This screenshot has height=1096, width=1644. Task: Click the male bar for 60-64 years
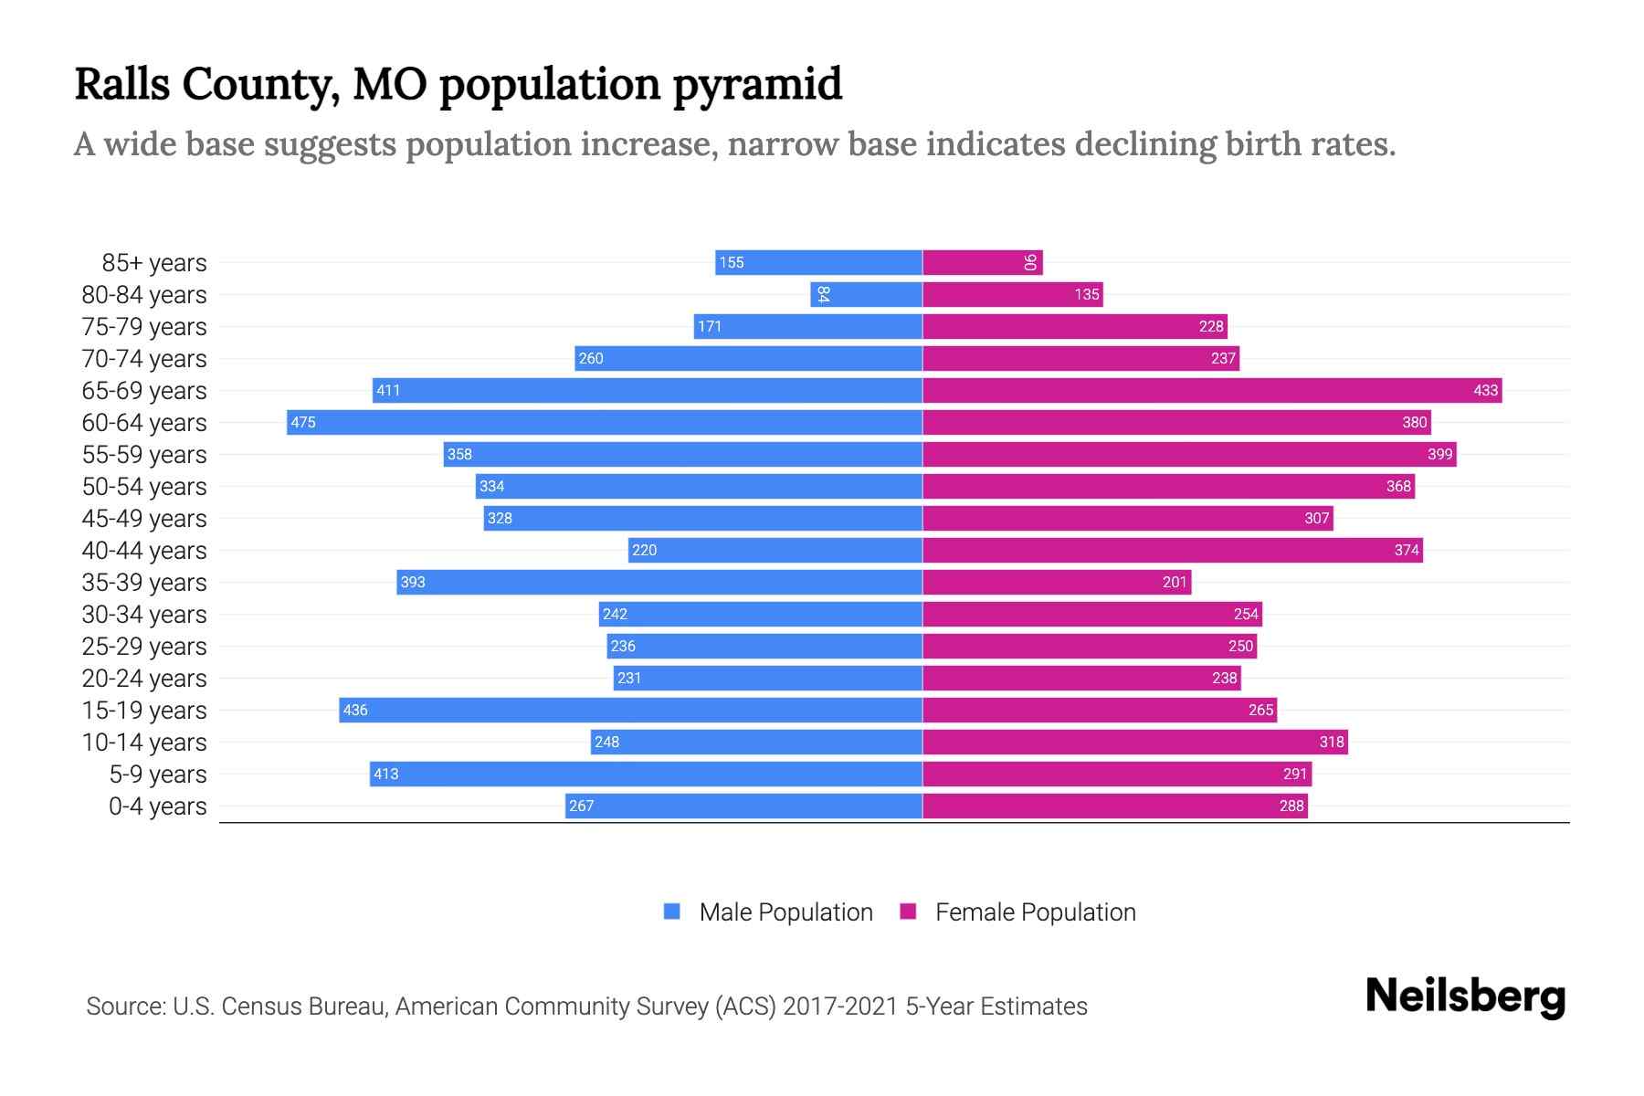605,422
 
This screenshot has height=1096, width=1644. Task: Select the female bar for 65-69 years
1212,390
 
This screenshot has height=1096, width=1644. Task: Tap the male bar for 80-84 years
866,294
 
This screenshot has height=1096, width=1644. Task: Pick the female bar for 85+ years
982,262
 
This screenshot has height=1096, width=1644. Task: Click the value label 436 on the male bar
355,710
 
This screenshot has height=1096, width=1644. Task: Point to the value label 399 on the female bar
1439,454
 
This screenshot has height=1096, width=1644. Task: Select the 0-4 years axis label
157,806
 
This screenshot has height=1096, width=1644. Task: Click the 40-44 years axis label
144,551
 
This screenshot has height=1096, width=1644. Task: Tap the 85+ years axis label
154,263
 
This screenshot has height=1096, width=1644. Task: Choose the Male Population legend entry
785,912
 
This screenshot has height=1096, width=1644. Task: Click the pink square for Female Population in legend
908,912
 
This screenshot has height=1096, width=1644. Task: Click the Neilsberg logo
1465,996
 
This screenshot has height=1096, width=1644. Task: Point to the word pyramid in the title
757,84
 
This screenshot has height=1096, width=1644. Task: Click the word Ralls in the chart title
122,84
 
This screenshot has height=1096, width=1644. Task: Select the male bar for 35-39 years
659,582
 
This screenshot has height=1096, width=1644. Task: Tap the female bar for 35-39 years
1057,582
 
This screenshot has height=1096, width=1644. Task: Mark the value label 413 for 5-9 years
385,774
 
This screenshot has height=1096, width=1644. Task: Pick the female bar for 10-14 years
1135,742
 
